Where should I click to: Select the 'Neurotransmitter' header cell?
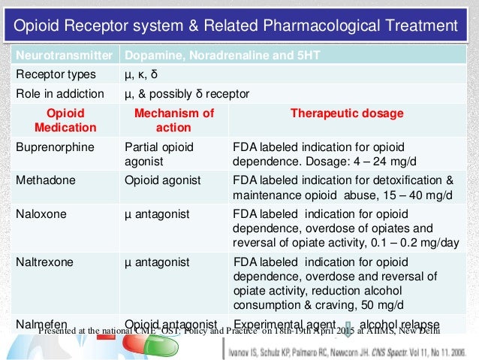tap(63, 56)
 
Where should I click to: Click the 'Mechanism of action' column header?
tap(173, 120)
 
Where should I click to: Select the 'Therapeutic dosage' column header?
tap(347, 113)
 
